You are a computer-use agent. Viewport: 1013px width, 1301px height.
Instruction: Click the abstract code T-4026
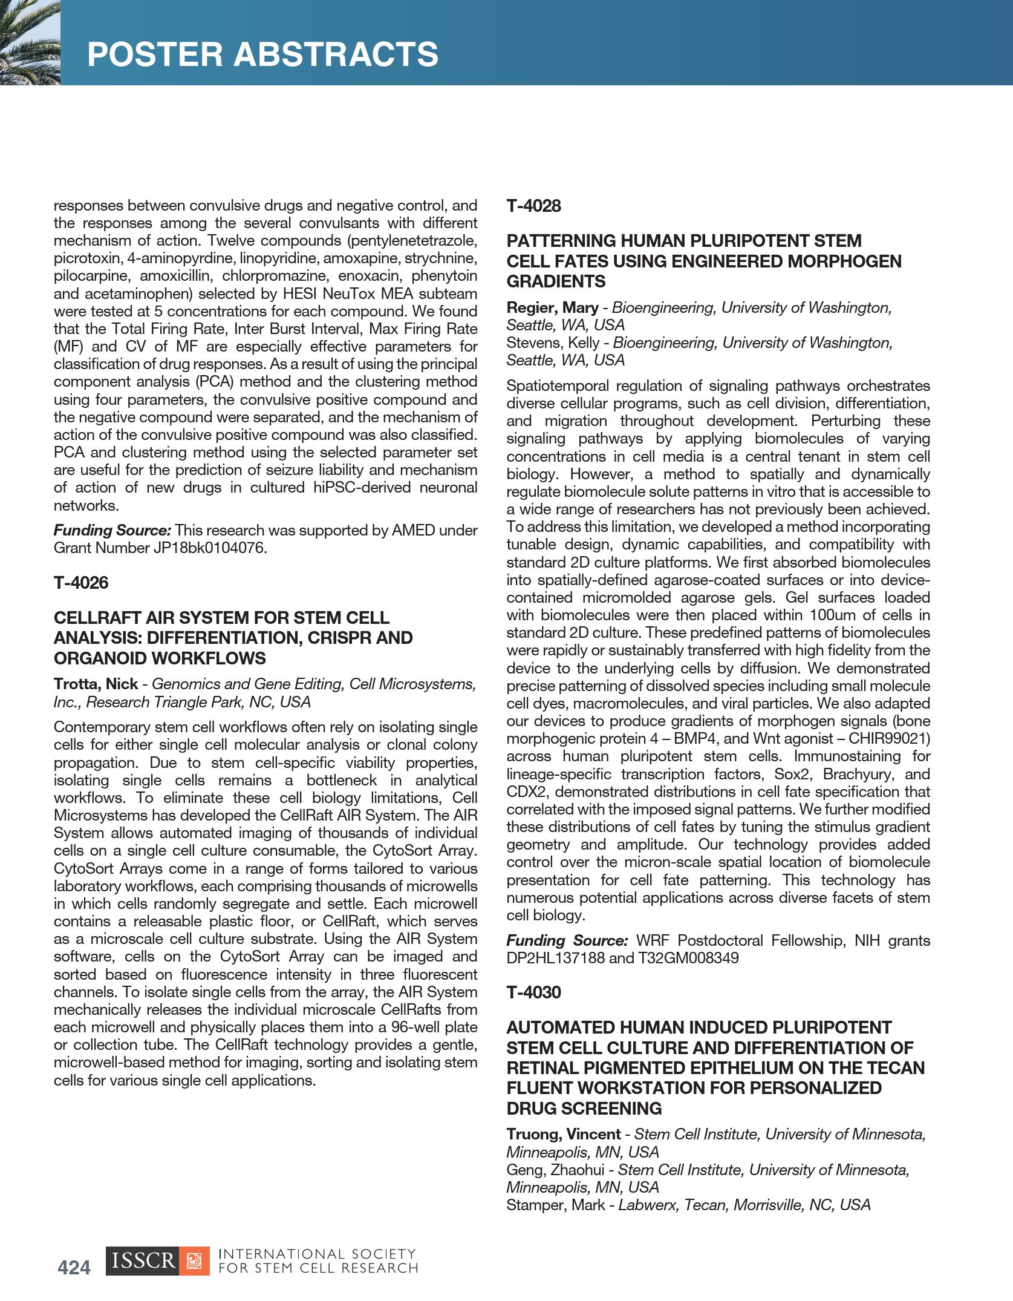pyautogui.click(x=81, y=583)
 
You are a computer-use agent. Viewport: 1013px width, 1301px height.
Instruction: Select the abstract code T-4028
pyautogui.click(x=534, y=206)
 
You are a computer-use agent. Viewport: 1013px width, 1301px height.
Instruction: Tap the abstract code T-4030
pyautogui.click(x=534, y=992)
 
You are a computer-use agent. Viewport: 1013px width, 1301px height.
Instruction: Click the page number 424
pyautogui.click(x=74, y=1267)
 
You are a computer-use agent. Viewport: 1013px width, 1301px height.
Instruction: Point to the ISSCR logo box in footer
pyautogui.click(x=157, y=1261)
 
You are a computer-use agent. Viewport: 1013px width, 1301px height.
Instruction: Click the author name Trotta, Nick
pyautogui.click(x=96, y=684)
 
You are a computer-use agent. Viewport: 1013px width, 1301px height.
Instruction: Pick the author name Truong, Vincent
pyautogui.click(x=564, y=1134)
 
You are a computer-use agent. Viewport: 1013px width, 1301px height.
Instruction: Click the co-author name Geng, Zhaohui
pyautogui.click(x=555, y=1170)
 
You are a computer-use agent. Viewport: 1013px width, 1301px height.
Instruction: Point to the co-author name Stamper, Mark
pyautogui.click(x=555, y=1205)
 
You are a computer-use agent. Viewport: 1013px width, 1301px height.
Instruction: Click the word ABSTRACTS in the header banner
pyautogui.click(x=336, y=54)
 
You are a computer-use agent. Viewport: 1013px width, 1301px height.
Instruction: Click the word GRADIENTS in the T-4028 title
pyautogui.click(x=556, y=281)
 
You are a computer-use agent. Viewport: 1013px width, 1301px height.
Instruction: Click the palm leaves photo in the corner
pyautogui.click(x=30, y=42)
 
